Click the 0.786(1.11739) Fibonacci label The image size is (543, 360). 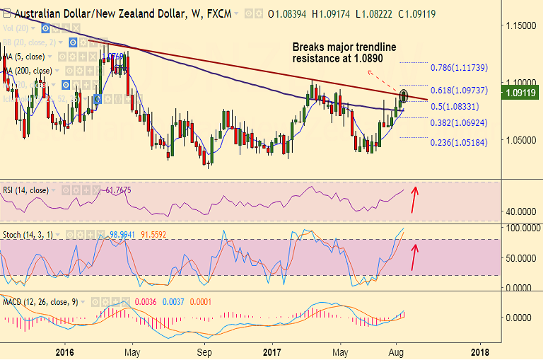[x=460, y=68]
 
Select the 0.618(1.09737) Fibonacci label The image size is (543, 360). [x=460, y=91]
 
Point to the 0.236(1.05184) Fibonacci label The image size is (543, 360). [x=460, y=142]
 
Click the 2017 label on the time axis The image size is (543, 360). [x=272, y=351]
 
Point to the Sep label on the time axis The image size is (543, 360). [x=204, y=351]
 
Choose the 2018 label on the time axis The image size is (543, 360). [x=479, y=351]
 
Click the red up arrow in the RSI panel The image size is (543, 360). [x=416, y=192]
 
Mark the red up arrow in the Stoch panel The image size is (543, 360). [x=415, y=256]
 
